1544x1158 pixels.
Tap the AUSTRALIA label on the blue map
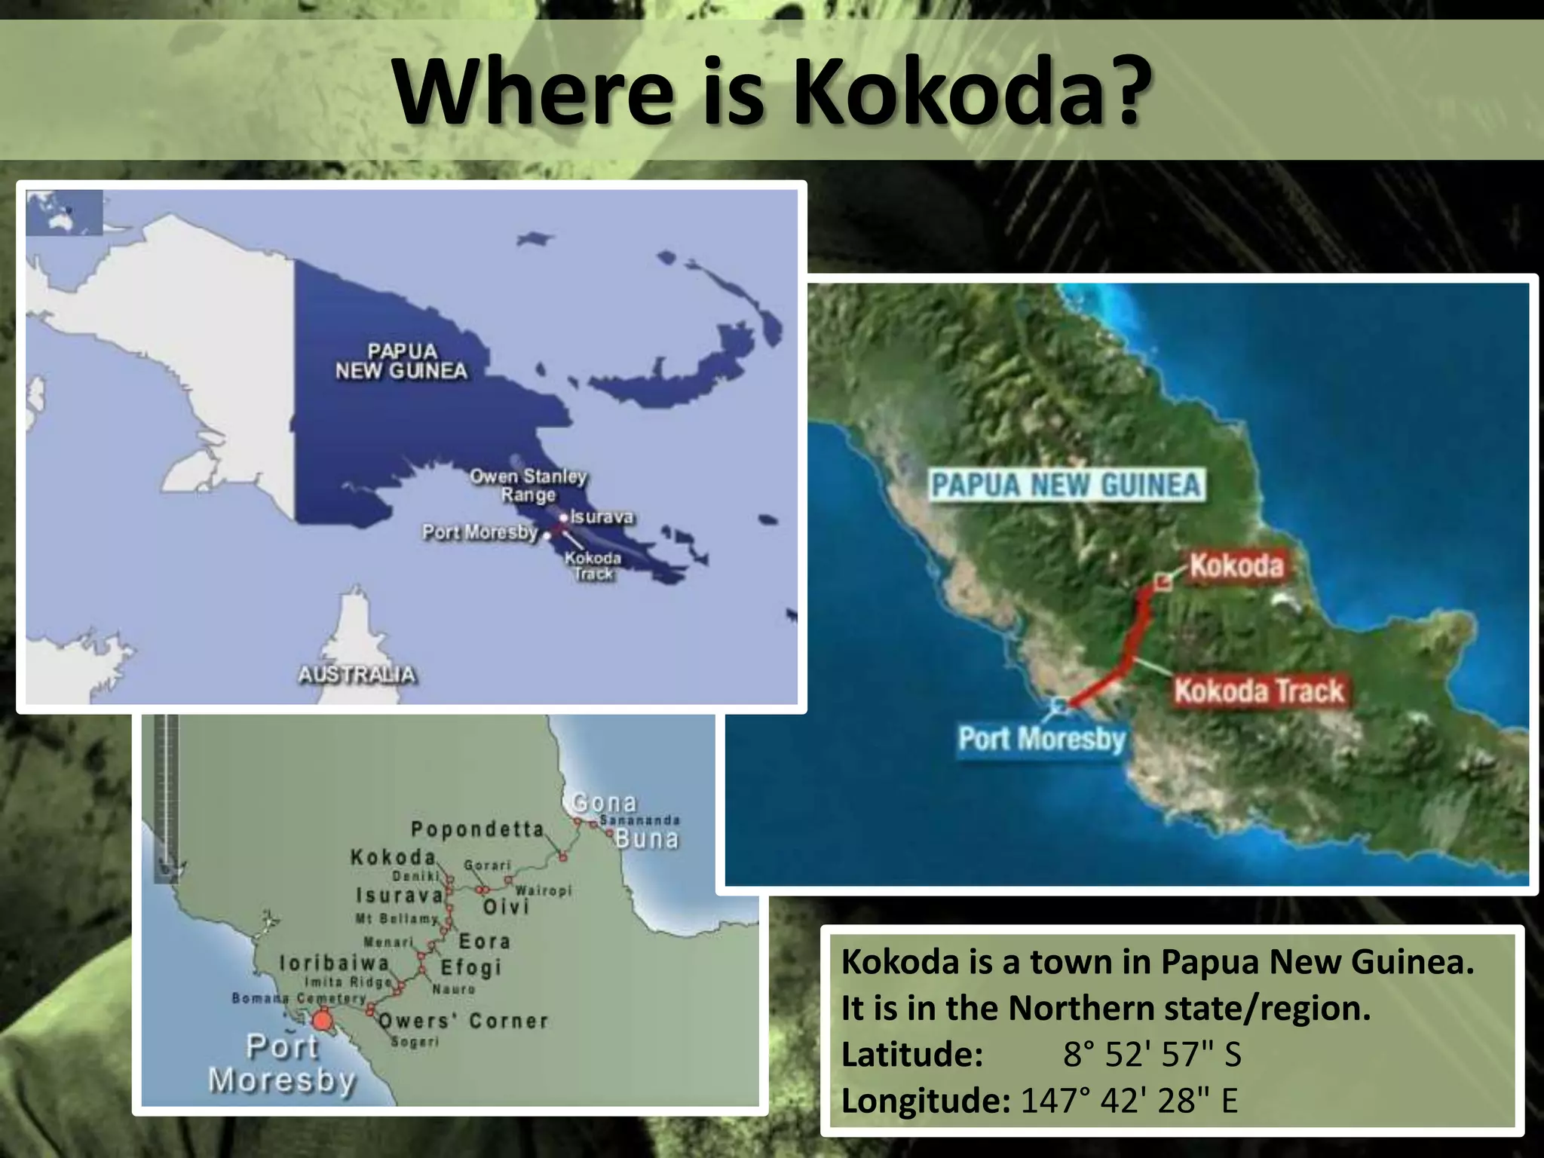(357, 674)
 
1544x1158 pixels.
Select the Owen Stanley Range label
(528, 486)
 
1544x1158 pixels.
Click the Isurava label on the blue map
(602, 517)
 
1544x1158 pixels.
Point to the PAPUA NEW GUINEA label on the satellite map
(1066, 485)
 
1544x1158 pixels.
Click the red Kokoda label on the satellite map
(1236, 565)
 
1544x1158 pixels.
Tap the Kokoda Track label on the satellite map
(1258, 691)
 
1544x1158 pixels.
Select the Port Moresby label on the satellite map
(1041, 738)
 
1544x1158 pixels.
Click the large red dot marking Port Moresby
(323, 1022)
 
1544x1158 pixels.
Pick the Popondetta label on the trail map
(477, 829)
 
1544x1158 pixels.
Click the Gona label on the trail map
(604, 802)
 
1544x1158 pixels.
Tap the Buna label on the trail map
(647, 838)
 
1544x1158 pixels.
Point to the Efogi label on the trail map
(470, 967)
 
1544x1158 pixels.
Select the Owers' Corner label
(462, 1021)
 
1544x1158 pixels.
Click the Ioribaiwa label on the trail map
(334, 963)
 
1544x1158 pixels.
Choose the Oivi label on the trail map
(505, 906)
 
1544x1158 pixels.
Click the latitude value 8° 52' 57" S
(1152, 1054)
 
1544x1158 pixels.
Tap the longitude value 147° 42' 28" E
(1129, 1101)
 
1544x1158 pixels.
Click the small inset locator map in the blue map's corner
(64, 213)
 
